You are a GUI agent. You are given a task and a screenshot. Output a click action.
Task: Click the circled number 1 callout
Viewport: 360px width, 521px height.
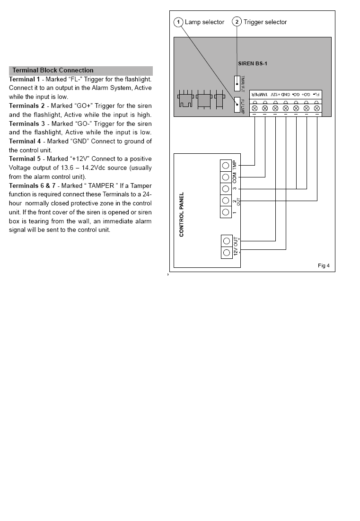[x=178, y=22]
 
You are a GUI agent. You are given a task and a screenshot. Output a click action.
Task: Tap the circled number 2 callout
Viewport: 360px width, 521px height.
[x=237, y=22]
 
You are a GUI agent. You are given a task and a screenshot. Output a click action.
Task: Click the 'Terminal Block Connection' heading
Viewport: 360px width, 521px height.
[x=53, y=71]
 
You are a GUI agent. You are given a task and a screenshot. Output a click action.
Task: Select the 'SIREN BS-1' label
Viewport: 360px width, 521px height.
[x=253, y=63]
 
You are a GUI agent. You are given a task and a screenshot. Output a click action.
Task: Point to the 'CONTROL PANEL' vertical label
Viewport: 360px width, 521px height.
[x=182, y=214]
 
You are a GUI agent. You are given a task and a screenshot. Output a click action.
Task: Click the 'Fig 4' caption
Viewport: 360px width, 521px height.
[x=324, y=265]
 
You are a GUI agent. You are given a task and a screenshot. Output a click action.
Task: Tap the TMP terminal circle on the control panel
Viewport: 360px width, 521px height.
[x=226, y=165]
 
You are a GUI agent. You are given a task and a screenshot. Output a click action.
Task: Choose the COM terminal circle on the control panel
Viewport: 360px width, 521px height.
[x=226, y=177]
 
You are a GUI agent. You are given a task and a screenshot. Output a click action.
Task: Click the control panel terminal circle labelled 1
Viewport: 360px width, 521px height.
[x=226, y=212]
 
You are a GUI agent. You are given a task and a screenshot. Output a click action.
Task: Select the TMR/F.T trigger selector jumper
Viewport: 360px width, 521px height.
[x=237, y=82]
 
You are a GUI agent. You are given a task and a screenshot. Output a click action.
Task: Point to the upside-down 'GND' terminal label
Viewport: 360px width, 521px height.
[x=285, y=94]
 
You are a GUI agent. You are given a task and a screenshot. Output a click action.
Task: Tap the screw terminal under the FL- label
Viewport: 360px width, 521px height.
[x=316, y=108]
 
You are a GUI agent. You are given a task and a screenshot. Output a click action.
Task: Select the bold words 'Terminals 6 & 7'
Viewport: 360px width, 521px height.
[x=32, y=185]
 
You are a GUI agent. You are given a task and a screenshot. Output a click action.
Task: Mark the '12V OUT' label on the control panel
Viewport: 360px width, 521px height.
[x=236, y=247]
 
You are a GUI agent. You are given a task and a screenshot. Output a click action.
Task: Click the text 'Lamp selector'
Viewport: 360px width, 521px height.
[x=204, y=22]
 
